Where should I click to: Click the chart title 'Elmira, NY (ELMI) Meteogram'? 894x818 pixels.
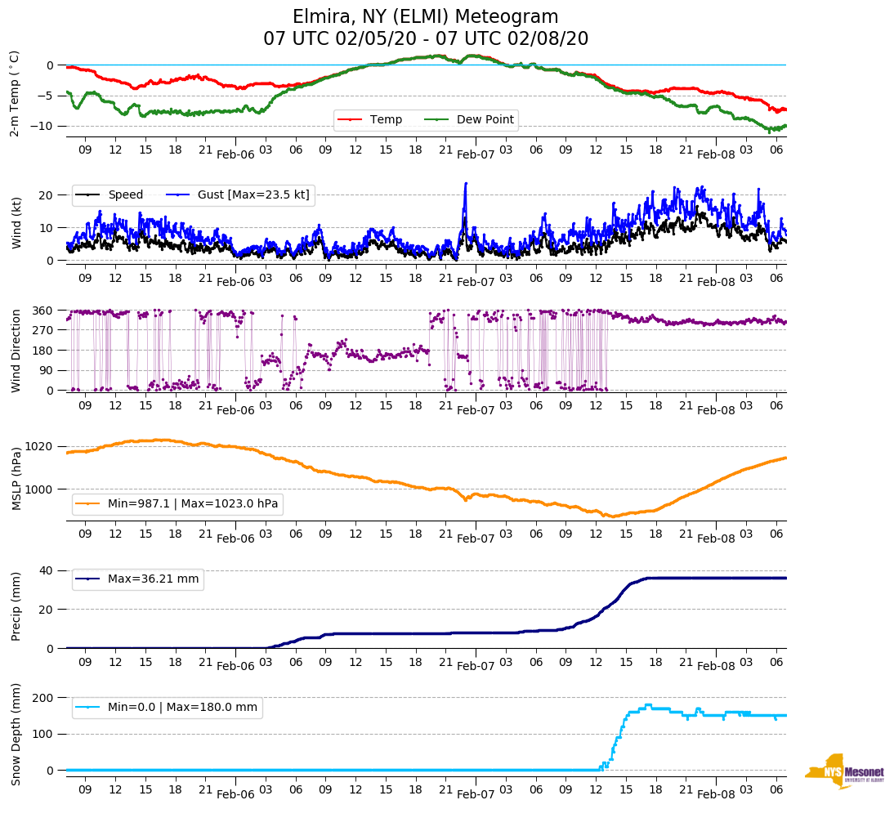click(426, 17)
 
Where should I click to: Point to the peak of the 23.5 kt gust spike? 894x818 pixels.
click(466, 183)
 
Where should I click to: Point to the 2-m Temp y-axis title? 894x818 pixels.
click(14, 93)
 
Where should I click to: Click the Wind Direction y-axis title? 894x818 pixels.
click(16, 351)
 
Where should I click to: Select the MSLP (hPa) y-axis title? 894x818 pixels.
click(16, 478)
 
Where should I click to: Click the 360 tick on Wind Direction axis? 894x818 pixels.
click(43, 311)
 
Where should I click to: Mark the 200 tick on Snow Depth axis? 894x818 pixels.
click(43, 698)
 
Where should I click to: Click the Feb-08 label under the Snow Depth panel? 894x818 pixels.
click(716, 794)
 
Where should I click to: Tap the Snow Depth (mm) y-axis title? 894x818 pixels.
click(16, 733)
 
